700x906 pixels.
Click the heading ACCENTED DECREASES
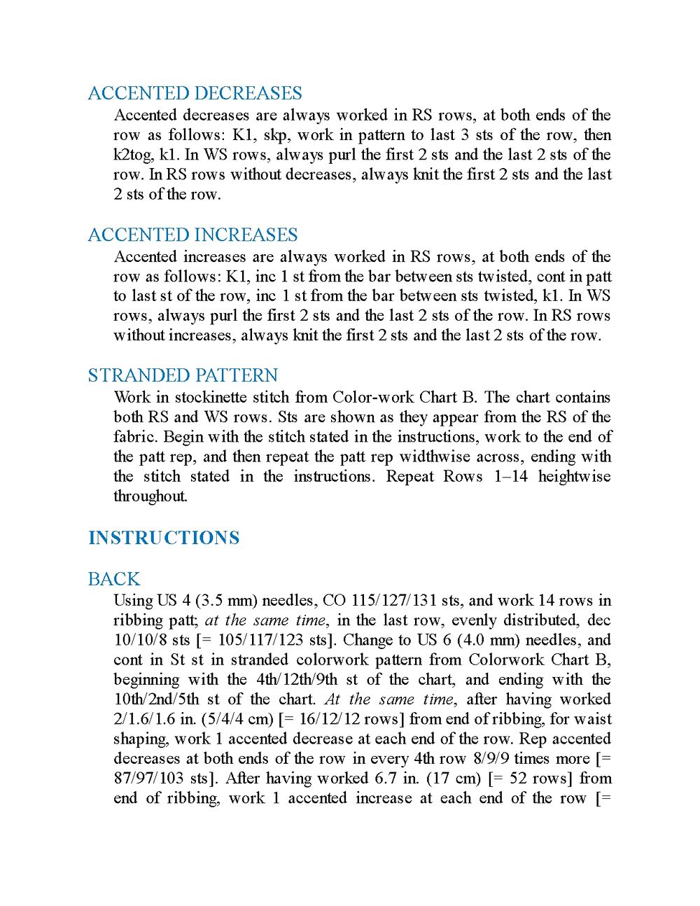pos(195,93)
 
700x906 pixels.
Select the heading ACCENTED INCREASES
pos(192,235)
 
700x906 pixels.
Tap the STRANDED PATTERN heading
pos(183,375)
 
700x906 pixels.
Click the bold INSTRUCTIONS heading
pos(164,538)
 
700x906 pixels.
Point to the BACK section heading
pos(114,579)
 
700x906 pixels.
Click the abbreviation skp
pos(288,135)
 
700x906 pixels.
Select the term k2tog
pos(133,155)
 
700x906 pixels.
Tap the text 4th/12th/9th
pos(296,679)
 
